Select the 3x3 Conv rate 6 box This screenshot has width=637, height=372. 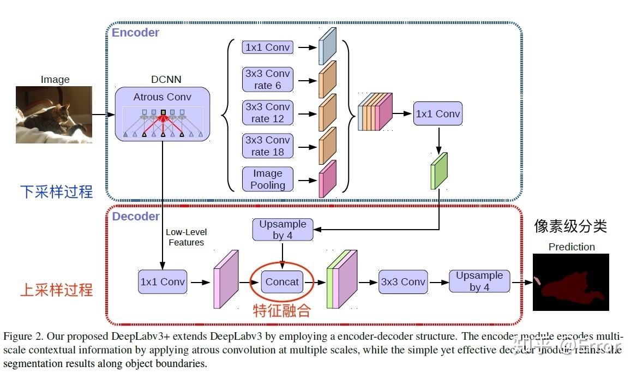coord(268,80)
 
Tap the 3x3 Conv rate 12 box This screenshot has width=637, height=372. coord(268,113)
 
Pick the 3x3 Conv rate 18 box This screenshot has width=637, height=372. coord(268,146)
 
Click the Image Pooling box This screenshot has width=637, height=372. coord(268,179)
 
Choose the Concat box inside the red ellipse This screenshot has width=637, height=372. coord(282,282)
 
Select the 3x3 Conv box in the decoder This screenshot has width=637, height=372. coord(403,282)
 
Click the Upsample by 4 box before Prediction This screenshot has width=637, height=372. coord(479,281)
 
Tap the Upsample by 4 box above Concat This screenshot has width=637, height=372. coord(283,230)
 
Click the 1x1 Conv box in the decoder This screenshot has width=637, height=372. coord(163,282)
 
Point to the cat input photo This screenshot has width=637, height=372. coord(53,115)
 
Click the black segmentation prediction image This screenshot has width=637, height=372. coord(570,282)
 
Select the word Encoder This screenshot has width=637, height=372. coord(135,33)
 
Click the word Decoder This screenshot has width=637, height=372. coord(136,217)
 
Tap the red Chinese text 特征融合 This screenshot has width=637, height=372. coord(282,310)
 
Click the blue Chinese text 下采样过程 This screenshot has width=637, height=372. coord(57,192)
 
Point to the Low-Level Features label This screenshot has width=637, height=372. coord(186,237)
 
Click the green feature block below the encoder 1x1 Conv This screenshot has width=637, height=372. coord(438,171)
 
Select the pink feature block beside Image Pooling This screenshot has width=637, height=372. coord(327,179)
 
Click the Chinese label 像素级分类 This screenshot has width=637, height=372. coord(570,226)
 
